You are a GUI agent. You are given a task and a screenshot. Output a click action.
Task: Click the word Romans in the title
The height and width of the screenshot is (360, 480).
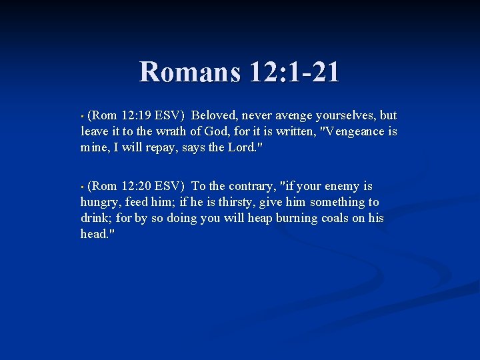(189, 72)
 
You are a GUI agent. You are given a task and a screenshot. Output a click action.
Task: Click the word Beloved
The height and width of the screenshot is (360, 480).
(220, 115)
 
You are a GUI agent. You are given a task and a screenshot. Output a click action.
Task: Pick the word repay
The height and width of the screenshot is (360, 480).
(161, 147)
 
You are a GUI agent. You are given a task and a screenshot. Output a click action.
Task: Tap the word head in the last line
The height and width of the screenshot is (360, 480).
(94, 234)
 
